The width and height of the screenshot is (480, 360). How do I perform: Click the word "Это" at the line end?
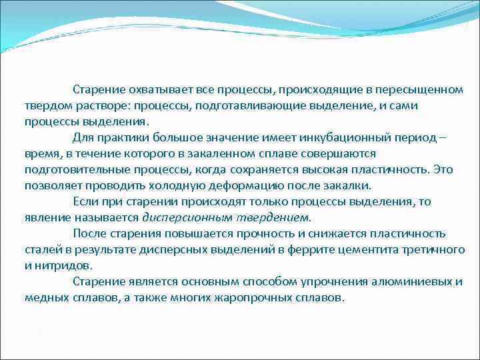(442, 170)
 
